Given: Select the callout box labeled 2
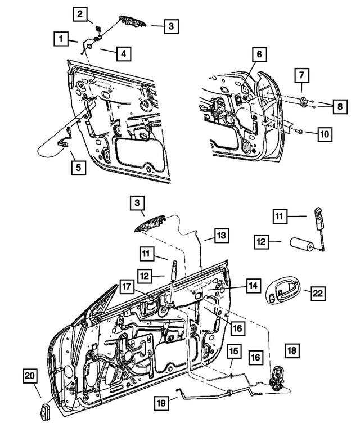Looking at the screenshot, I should [x=82, y=13].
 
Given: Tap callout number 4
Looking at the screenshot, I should [x=123, y=54].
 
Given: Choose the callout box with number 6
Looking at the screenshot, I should [x=259, y=55].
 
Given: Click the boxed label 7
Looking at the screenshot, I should [x=301, y=74].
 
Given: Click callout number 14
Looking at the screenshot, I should [x=253, y=286].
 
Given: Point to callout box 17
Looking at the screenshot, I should [x=127, y=287].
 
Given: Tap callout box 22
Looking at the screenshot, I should [x=318, y=292].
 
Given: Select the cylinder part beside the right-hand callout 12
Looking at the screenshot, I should [x=302, y=246].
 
